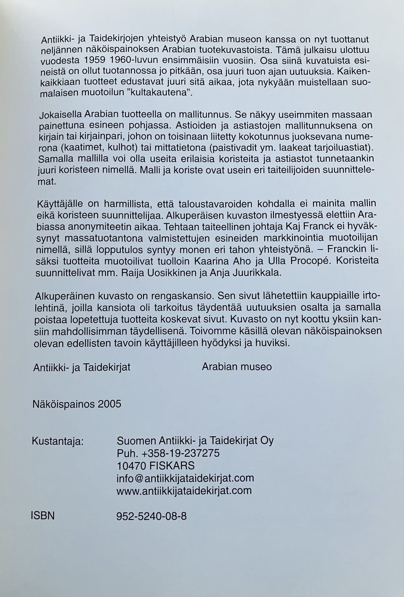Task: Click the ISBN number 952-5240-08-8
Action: point(151,516)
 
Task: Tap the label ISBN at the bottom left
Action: point(43,515)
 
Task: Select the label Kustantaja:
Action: point(58,442)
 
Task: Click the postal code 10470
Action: point(131,466)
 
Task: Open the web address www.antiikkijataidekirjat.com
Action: point(184,490)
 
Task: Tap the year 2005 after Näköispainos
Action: point(109,404)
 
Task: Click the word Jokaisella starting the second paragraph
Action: point(59,115)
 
